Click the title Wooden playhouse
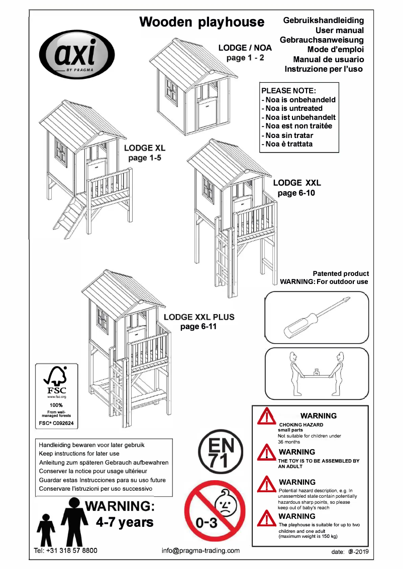point(201,22)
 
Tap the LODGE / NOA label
point(245,48)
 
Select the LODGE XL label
point(144,149)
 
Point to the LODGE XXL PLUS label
point(199,317)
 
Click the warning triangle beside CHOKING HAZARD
point(266,417)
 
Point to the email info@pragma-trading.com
point(200,550)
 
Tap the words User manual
point(336,30)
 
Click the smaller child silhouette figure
point(46,529)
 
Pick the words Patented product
point(340,273)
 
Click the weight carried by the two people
point(317,372)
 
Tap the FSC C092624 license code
point(56,423)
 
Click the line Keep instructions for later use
point(79,453)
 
